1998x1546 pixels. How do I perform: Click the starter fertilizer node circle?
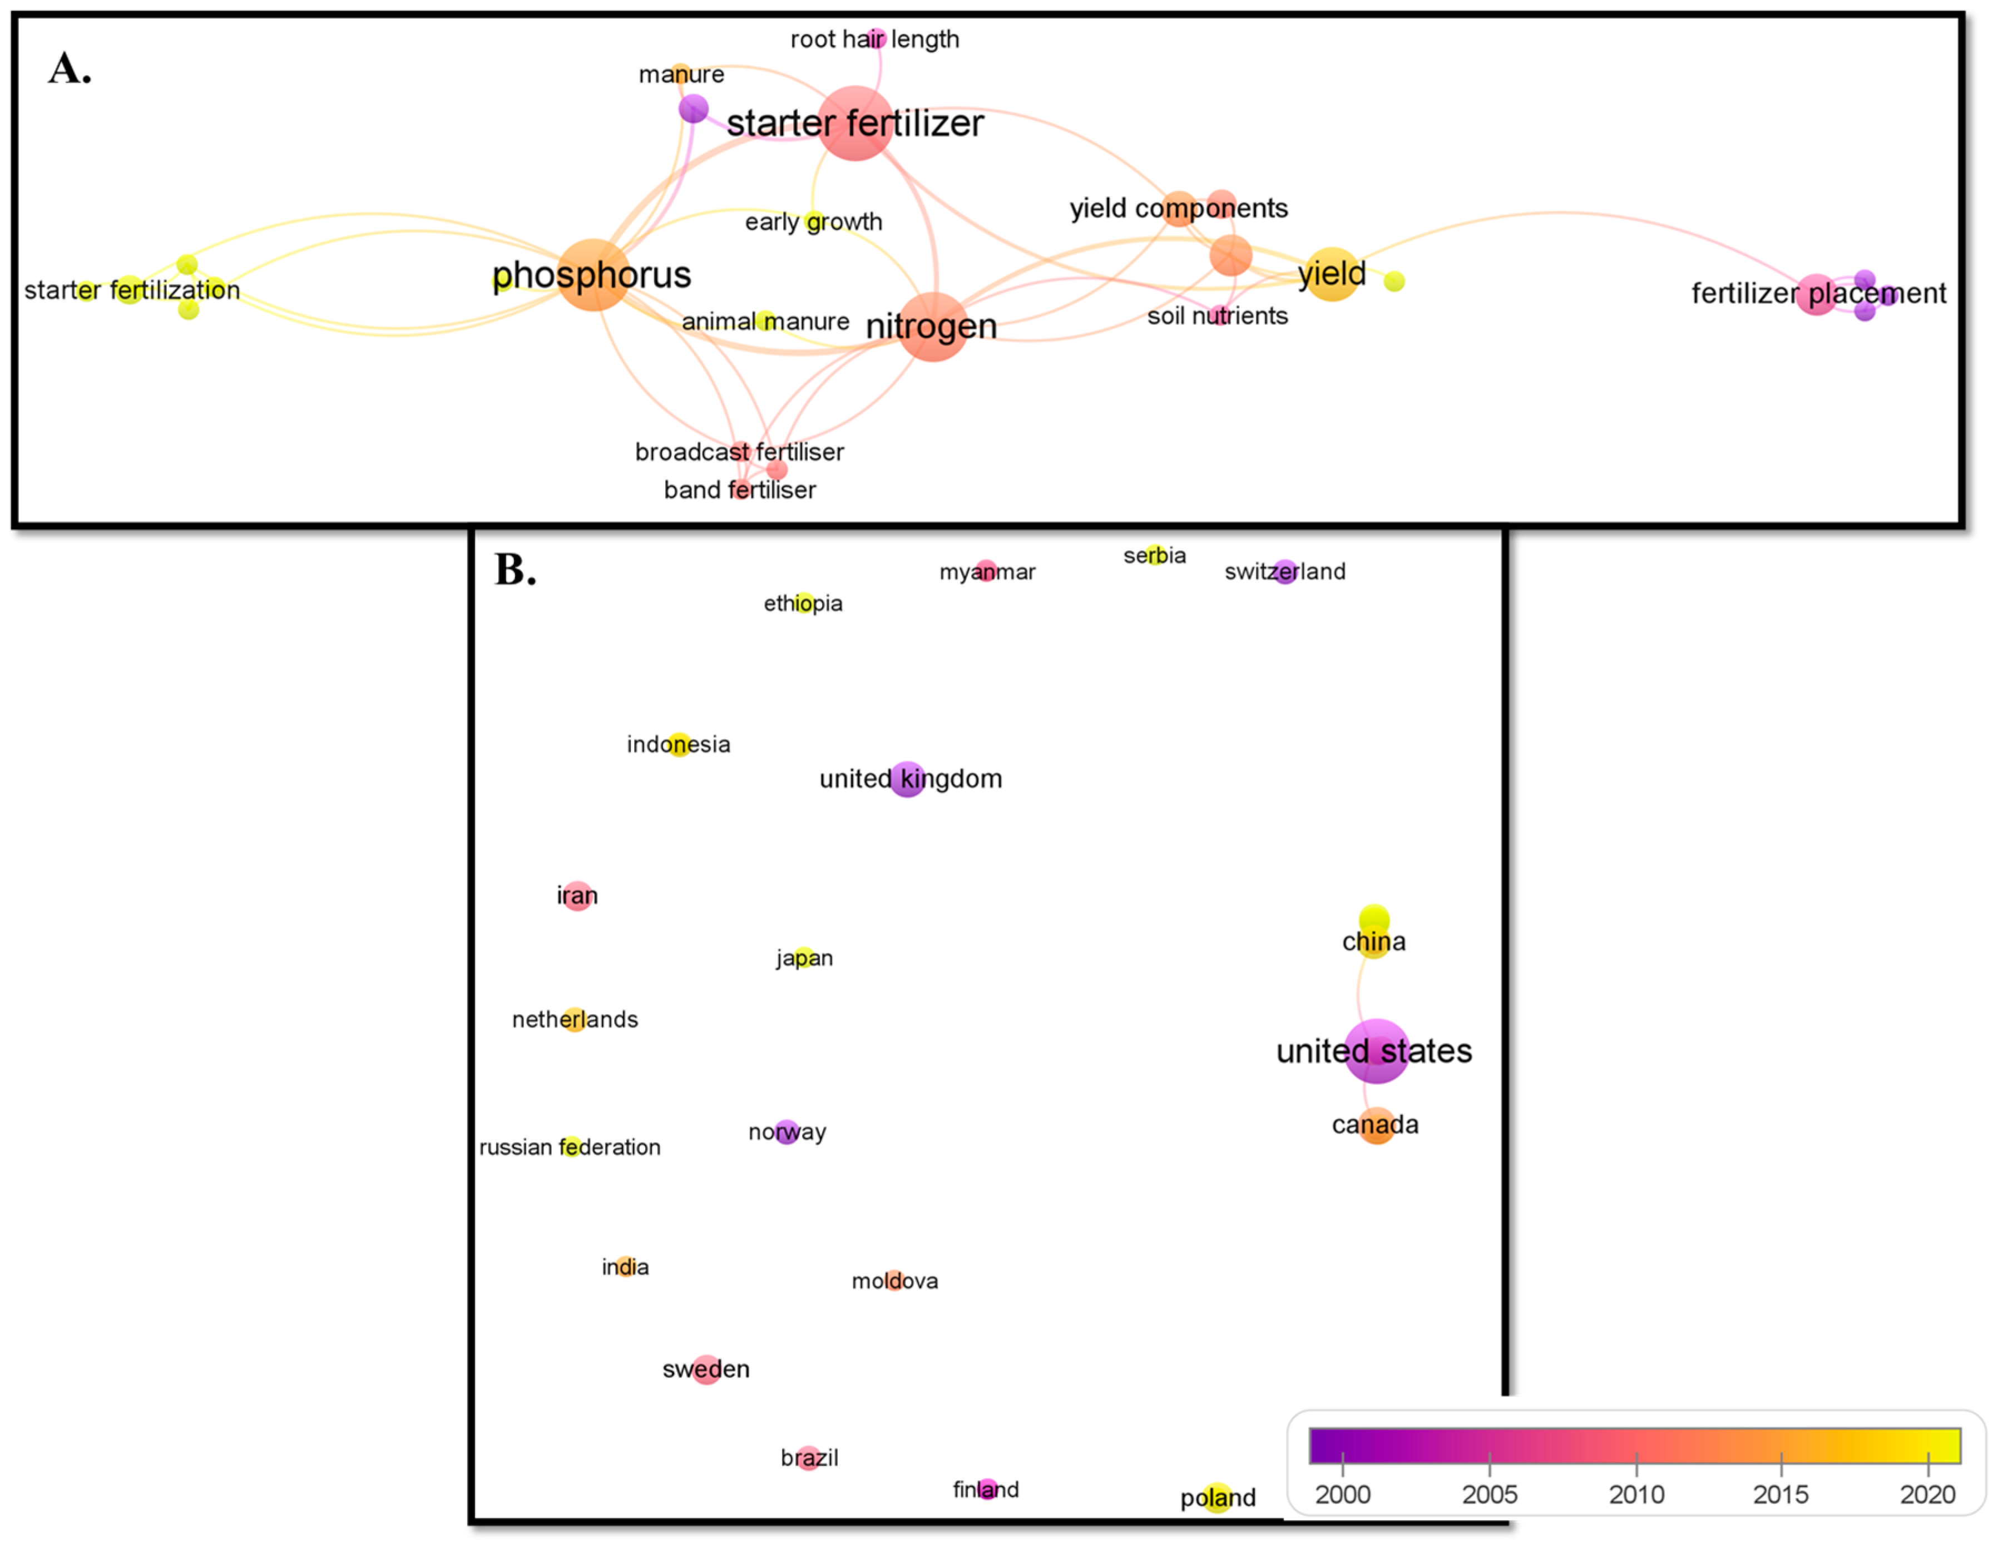click(x=854, y=124)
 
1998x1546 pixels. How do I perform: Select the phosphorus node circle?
click(x=593, y=274)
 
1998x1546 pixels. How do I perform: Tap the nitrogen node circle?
click(x=932, y=327)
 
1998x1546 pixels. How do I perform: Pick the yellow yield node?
click(x=1331, y=274)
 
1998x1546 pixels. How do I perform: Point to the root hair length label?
click(x=874, y=39)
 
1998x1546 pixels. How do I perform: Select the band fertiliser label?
click(x=739, y=490)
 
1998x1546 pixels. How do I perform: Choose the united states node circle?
click(x=1376, y=1050)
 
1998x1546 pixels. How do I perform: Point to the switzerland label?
click(x=1284, y=572)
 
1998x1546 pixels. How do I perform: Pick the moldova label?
click(x=895, y=1281)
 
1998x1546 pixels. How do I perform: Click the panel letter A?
click(x=70, y=68)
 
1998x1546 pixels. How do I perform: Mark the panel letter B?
click(x=515, y=569)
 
